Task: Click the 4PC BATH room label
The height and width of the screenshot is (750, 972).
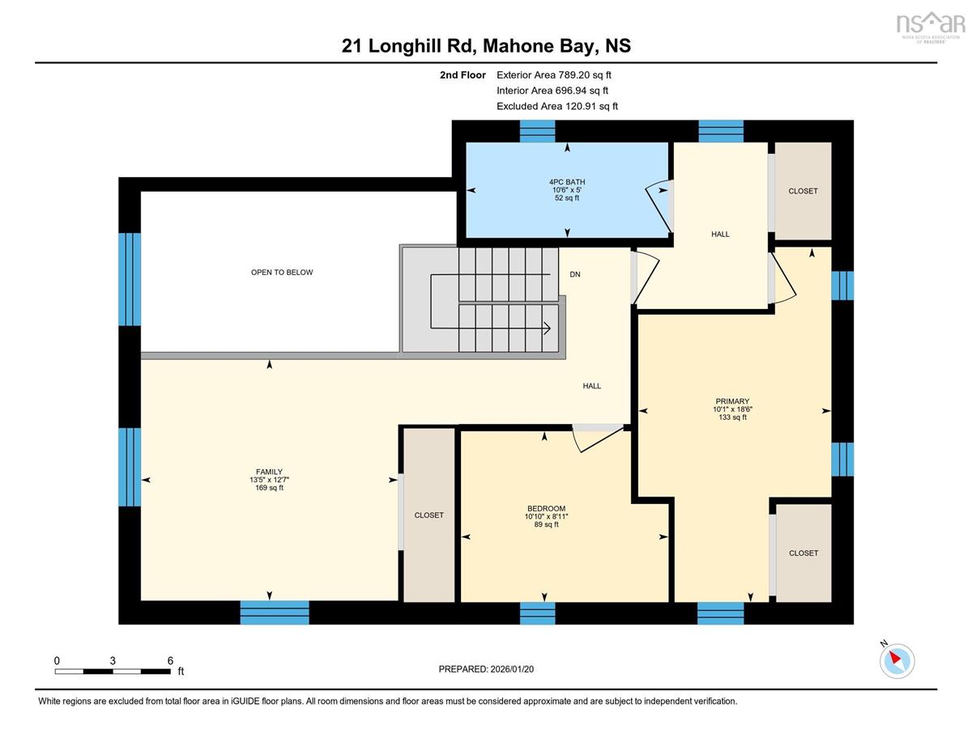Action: pyautogui.click(x=567, y=182)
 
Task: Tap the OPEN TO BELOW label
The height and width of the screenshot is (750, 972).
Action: pyautogui.click(x=282, y=272)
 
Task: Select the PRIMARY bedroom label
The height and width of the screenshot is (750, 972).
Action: pyautogui.click(x=732, y=401)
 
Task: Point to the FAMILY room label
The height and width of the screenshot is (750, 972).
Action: pyautogui.click(x=269, y=472)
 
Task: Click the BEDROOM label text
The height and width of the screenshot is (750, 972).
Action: pyautogui.click(x=546, y=508)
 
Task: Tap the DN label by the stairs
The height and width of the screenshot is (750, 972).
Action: pyautogui.click(x=575, y=274)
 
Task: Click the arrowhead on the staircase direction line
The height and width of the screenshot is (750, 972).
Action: pyautogui.click(x=547, y=328)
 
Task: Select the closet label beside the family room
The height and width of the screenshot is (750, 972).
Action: pyautogui.click(x=429, y=515)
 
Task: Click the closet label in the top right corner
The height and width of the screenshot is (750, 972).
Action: pyautogui.click(x=803, y=191)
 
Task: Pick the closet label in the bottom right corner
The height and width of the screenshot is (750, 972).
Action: pyautogui.click(x=804, y=553)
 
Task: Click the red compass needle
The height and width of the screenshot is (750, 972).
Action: pyautogui.click(x=895, y=658)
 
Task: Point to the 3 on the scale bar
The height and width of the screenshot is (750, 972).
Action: pyautogui.click(x=113, y=661)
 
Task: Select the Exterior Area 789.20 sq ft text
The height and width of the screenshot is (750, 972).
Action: pyautogui.click(x=554, y=75)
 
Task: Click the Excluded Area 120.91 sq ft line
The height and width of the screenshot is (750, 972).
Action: pyautogui.click(x=557, y=106)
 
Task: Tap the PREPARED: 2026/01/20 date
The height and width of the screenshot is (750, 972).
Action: pyautogui.click(x=486, y=669)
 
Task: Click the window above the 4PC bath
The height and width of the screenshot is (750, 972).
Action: pyautogui.click(x=537, y=131)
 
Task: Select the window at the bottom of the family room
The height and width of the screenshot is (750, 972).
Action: pyautogui.click(x=275, y=612)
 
